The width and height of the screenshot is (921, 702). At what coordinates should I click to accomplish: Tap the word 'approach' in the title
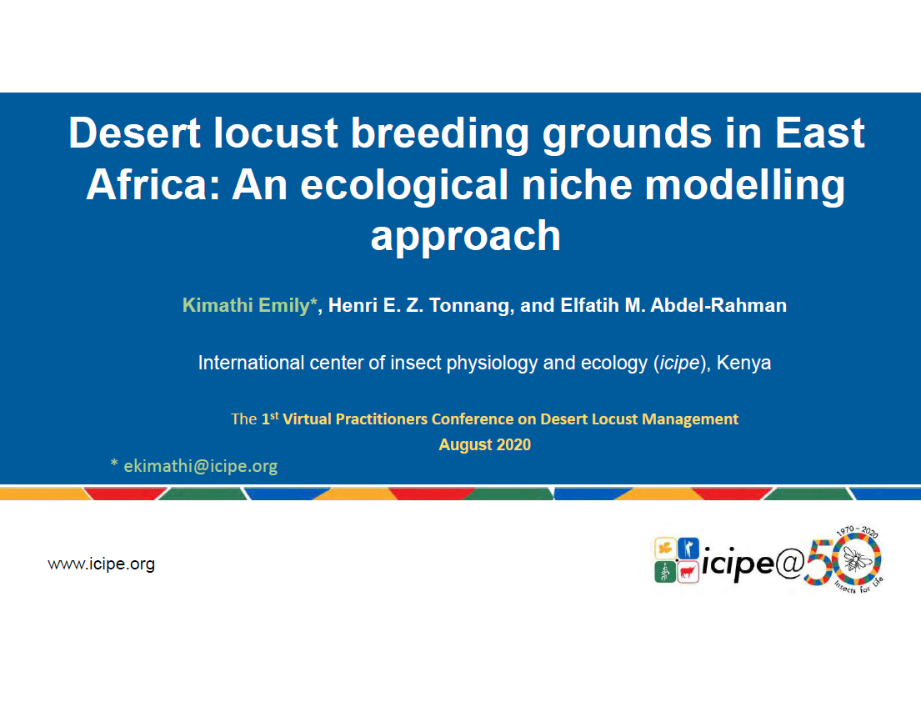465,236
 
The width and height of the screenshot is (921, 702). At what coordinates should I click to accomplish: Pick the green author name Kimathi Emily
247,305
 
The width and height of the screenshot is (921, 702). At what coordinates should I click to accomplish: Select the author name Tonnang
468,305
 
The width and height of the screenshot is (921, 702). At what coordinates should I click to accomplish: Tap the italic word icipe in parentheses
678,364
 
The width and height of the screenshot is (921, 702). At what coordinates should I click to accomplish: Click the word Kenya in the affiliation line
743,364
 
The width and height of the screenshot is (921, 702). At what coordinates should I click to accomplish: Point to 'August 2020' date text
484,444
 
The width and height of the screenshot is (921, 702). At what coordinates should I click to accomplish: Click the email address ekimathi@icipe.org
200,466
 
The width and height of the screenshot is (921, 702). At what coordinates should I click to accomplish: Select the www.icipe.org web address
101,564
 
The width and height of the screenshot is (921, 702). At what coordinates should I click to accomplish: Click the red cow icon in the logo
688,572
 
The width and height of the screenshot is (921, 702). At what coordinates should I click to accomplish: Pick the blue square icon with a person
688,549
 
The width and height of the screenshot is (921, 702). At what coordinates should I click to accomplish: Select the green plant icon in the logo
664,572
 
